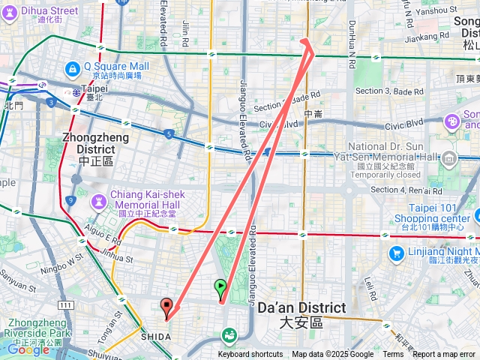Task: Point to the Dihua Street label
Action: (x=49, y=11)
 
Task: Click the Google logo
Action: (x=28, y=349)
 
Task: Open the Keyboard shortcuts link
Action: (x=250, y=355)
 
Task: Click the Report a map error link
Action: (x=445, y=355)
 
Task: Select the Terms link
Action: (x=393, y=355)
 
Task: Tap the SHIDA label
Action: (x=156, y=337)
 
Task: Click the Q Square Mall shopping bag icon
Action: (x=72, y=69)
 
